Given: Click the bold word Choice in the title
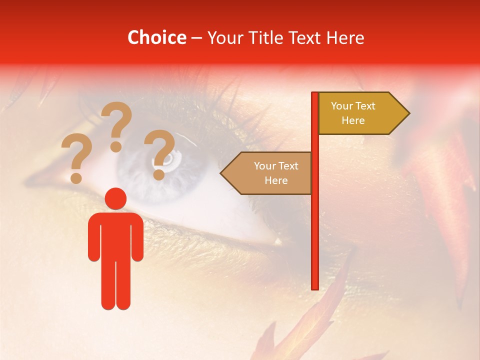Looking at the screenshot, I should [x=156, y=37].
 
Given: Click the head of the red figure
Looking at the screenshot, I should [x=116, y=198].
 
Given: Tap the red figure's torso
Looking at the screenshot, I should [x=116, y=235].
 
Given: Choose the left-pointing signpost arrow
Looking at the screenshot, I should [x=267, y=173].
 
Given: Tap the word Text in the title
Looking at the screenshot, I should [x=307, y=37].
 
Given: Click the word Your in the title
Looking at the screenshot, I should [x=224, y=37].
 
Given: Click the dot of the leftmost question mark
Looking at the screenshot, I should [x=76, y=178].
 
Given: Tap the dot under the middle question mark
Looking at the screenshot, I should [x=116, y=146].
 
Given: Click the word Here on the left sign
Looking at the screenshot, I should [x=276, y=180].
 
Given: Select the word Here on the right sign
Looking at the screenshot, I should [x=353, y=120].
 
